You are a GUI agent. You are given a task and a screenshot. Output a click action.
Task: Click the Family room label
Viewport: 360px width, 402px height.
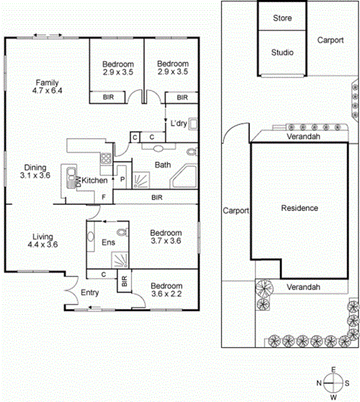47,86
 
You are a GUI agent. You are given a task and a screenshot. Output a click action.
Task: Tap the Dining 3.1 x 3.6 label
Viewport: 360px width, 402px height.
35,172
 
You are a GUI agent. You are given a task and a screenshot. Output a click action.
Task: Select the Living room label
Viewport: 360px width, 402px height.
43,241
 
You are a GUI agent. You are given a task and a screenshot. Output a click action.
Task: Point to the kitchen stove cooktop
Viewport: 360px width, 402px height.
106,158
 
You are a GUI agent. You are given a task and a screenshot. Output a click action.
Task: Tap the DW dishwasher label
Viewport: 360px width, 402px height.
79,182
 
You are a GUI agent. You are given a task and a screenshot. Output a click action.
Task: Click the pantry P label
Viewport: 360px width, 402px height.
123,179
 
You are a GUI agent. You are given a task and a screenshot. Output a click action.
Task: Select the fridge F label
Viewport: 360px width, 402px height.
104,197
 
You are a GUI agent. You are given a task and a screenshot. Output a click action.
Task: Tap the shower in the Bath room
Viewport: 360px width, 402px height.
141,180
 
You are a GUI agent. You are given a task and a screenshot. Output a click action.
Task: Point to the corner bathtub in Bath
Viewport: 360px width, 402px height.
184,177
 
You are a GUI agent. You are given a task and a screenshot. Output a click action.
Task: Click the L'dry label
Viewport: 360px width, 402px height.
178,123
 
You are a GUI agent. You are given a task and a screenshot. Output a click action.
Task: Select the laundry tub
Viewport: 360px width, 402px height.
193,124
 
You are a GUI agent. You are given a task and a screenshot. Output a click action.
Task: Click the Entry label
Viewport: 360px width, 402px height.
90,293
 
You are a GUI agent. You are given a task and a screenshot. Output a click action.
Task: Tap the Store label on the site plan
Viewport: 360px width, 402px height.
282,18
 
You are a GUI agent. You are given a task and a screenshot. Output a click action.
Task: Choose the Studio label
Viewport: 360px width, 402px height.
282,52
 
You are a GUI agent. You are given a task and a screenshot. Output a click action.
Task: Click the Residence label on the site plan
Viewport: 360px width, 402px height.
300,208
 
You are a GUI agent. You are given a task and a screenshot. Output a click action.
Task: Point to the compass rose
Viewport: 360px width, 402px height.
333,383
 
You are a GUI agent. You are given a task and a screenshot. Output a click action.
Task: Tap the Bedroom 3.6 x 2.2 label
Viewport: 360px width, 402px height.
166,289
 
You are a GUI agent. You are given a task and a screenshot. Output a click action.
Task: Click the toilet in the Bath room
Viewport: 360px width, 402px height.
192,151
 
